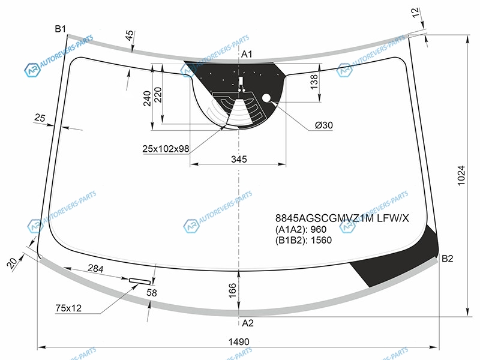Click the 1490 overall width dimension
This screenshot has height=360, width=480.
tap(239, 341)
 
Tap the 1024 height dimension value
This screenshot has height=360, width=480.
tap(461, 175)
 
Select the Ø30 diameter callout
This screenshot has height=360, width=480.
tap(324, 125)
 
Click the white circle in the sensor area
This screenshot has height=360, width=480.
tap(266, 98)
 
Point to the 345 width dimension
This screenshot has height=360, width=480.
tap(239, 159)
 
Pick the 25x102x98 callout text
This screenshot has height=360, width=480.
tap(166, 149)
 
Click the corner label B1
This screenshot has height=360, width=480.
tap(61, 29)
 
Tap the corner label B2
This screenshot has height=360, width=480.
tap(447, 259)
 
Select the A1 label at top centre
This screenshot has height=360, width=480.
tap(247, 54)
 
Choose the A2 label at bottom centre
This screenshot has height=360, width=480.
tap(248, 323)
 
